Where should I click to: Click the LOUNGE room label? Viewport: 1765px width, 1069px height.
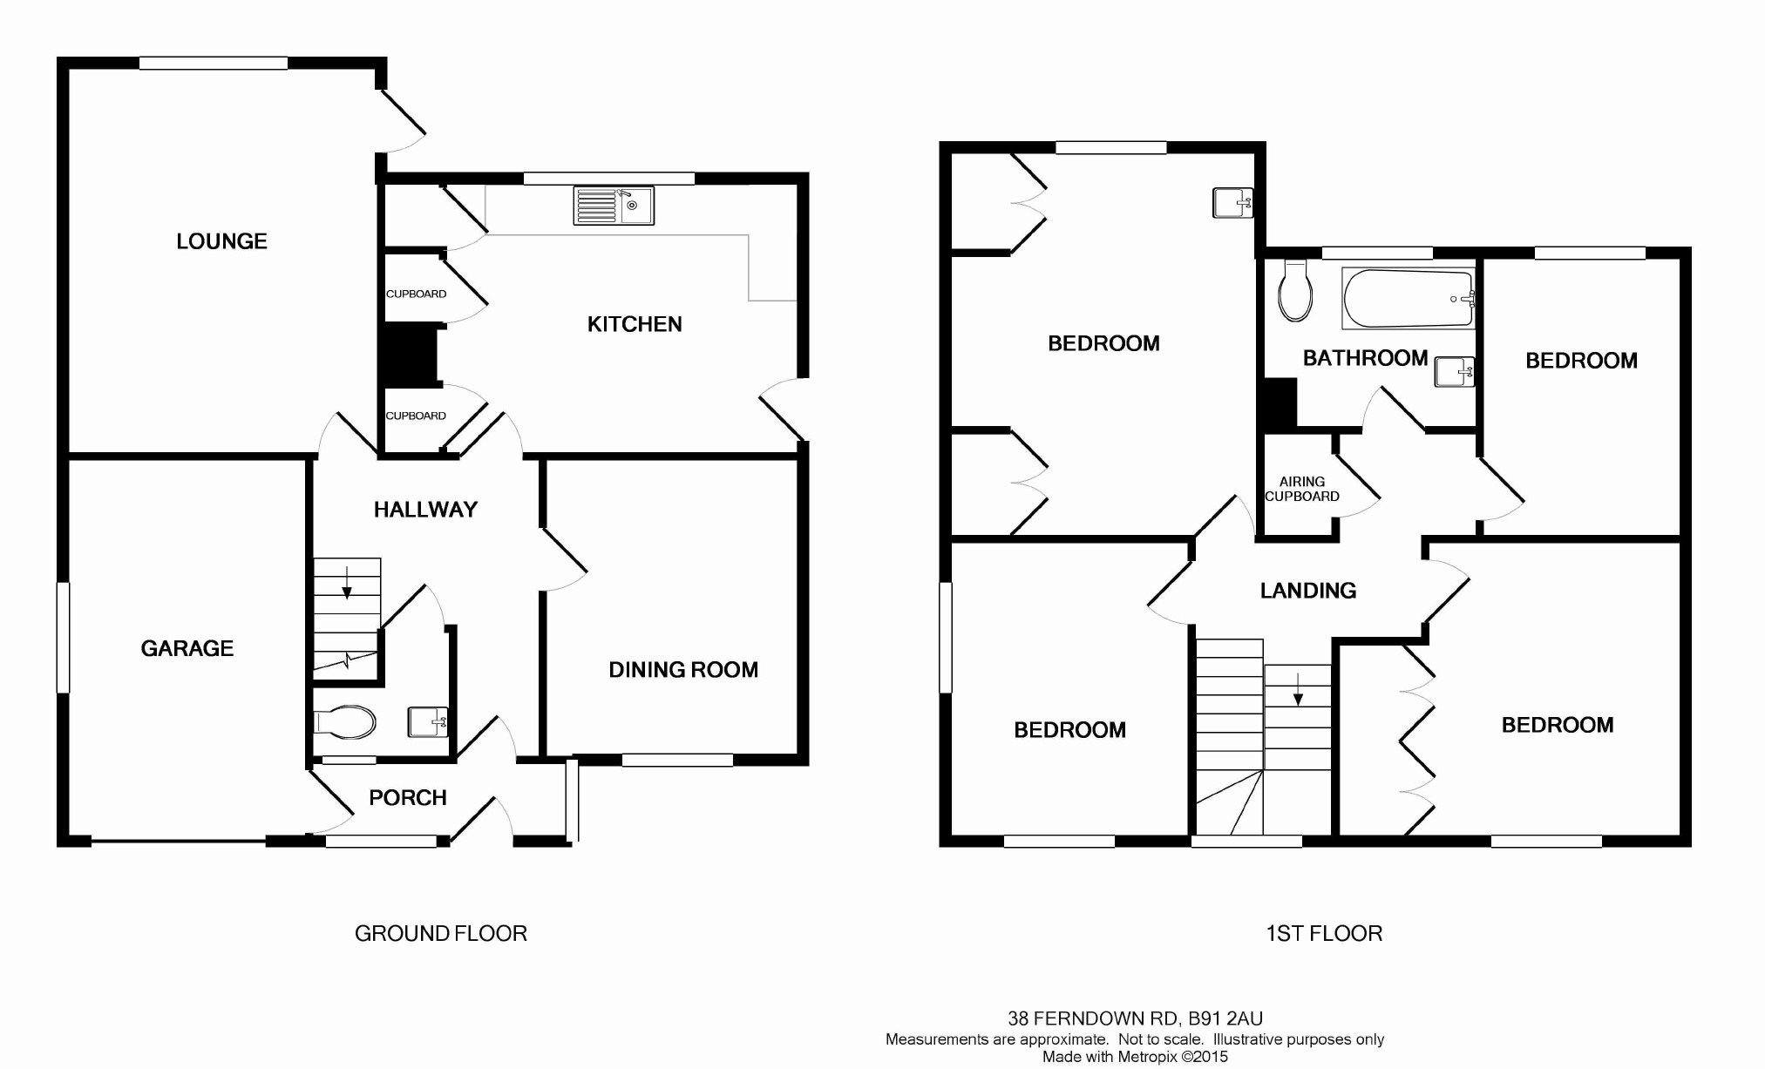tap(221, 241)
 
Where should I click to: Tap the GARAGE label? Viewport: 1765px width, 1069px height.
tap(187, 648)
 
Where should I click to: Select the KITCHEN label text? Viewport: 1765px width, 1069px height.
tap(635, 324)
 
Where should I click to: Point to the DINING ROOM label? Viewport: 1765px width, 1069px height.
tap(683, 670)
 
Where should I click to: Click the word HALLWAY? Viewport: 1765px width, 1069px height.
tap(425, 510)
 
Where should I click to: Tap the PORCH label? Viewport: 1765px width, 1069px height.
tap(408, 797)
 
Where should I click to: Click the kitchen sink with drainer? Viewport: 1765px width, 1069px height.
tap(614, 206)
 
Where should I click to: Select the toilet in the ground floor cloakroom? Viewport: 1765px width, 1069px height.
tap(344, 722)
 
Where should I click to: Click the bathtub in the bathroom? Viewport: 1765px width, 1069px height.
tap(1409, 299)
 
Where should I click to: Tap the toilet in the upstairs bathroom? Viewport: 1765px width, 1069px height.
tap(1295, 290)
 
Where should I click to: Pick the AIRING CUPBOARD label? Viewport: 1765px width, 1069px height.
tap(1302, 489)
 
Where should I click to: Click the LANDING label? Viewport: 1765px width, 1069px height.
tap(1308, 591)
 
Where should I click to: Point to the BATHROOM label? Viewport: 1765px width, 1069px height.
tap(1365, 358)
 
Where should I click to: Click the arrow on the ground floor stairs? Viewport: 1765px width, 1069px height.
tap(347, 583)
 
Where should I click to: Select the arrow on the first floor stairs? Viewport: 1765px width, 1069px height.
tap(1298, 689)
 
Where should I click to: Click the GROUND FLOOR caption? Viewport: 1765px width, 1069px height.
tap(441, 934)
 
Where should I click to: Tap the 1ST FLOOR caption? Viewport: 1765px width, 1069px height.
tap(1324, 934)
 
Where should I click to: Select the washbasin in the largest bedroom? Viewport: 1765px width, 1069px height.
tap(1232, 203)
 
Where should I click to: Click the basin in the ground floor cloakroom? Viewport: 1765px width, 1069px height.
tap(428, 721)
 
